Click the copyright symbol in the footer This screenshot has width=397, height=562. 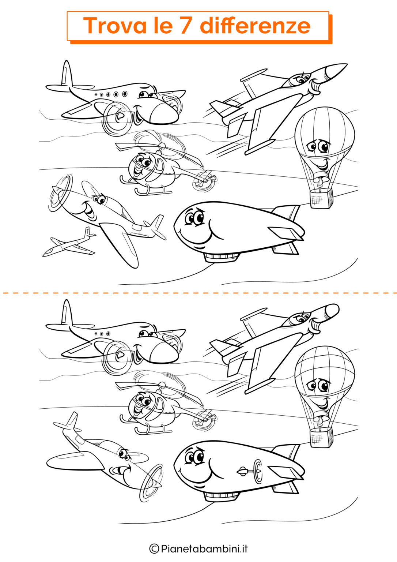(154, 548)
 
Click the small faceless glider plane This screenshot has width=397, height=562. (69, 242)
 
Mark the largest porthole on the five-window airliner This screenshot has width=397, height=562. (125, 94)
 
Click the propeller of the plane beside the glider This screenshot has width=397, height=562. (60, 193)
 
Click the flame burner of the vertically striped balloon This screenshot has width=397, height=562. (320, 181)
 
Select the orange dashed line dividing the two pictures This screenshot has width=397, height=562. (198, 293)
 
